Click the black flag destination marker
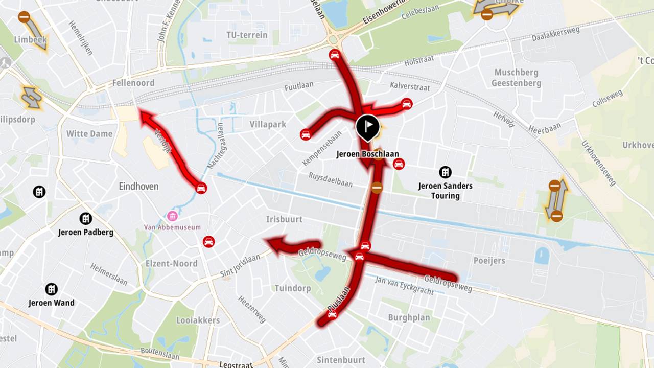pos(368,127)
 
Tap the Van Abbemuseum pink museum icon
pos(172,216)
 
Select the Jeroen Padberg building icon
pos(86,219)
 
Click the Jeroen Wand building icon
pos(51,289)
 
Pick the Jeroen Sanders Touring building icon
pos(445,172)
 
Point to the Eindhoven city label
pos(138,186)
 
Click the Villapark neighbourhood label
pos(268,124)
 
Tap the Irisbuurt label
pos(284,219)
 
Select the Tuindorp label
pos(292,288)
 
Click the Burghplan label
pos(409,317)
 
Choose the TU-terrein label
pos(247,35)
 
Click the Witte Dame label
pos(89,134)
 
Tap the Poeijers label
pos(489,261)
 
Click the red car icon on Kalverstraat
pos(407,104)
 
